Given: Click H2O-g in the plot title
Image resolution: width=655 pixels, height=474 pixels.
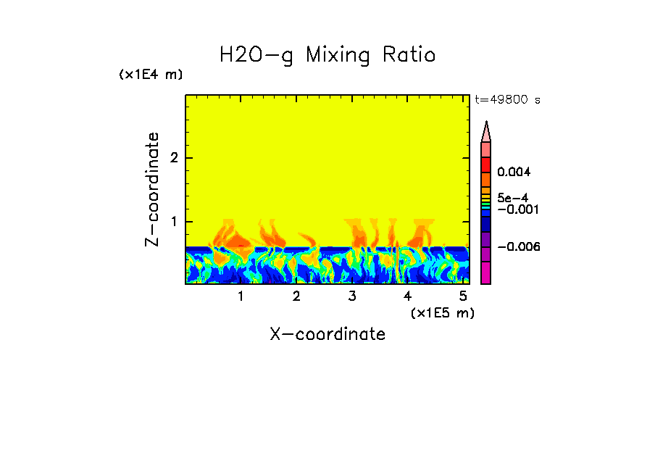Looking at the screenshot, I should click(x=257, y=56).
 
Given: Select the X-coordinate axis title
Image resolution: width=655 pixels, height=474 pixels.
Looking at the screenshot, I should click(x=327, y=334).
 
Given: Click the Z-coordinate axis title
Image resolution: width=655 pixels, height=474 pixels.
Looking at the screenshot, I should click(x=152, y=189).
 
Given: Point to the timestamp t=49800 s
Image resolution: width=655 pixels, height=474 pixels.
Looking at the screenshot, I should click(x=507, y=100).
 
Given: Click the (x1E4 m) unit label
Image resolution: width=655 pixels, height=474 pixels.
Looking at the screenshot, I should click(x=151, y=75).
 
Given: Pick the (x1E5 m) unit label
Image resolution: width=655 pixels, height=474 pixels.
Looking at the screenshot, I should click(x=442, y=312).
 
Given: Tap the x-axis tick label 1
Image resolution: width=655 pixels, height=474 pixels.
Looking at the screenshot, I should click(x=241, y=296).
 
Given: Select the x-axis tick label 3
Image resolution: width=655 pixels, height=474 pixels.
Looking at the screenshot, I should click(x=352, y=296).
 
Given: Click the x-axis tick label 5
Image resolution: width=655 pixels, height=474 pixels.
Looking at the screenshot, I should click(x=463, y=296).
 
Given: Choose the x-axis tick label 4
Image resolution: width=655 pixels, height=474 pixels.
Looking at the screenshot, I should click(x=408, y=296).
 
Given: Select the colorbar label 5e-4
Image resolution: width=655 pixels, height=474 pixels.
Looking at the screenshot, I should click(x=512, y=197).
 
